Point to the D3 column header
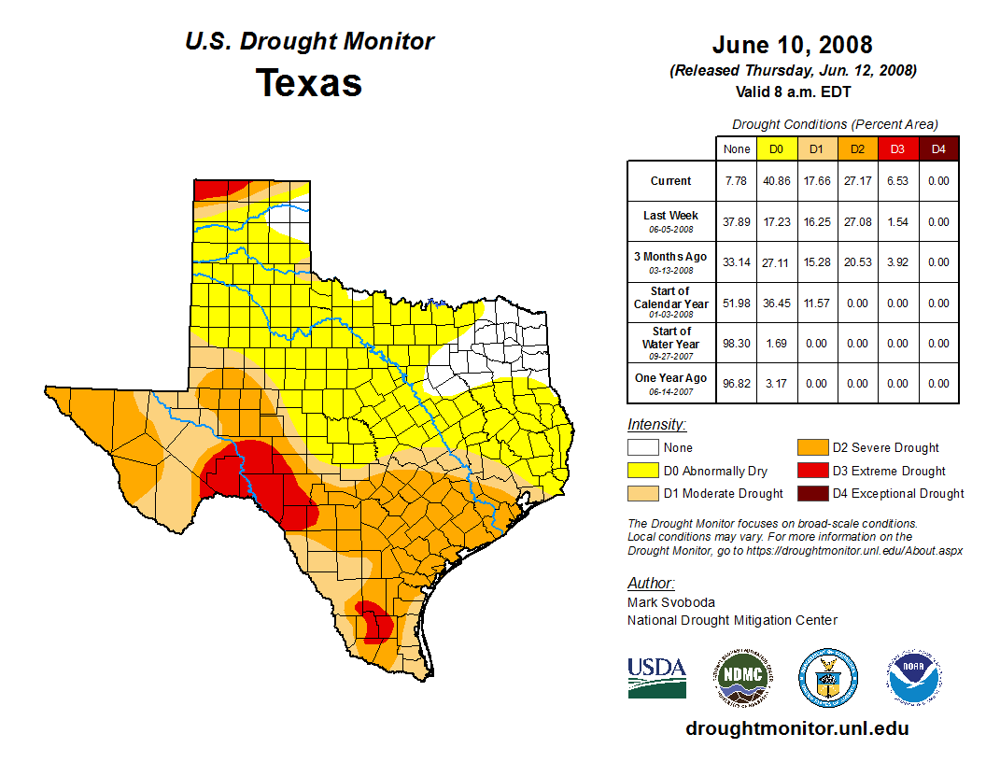coord(897,148)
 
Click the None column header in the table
coord(737,148)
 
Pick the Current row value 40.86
coord(777,181)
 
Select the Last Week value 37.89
coord(737,222)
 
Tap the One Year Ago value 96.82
coord(737,383)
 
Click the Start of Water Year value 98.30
coord(737,343)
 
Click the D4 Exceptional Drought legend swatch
coord(811,493)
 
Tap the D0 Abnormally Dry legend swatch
coord(642,471)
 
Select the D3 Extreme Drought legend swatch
coord(811,471)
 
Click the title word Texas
coord(309,83)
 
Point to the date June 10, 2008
coord(792,45)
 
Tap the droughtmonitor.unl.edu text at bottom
coord(796,728)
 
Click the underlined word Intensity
coord(656,425)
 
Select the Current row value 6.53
coord(897,181)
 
